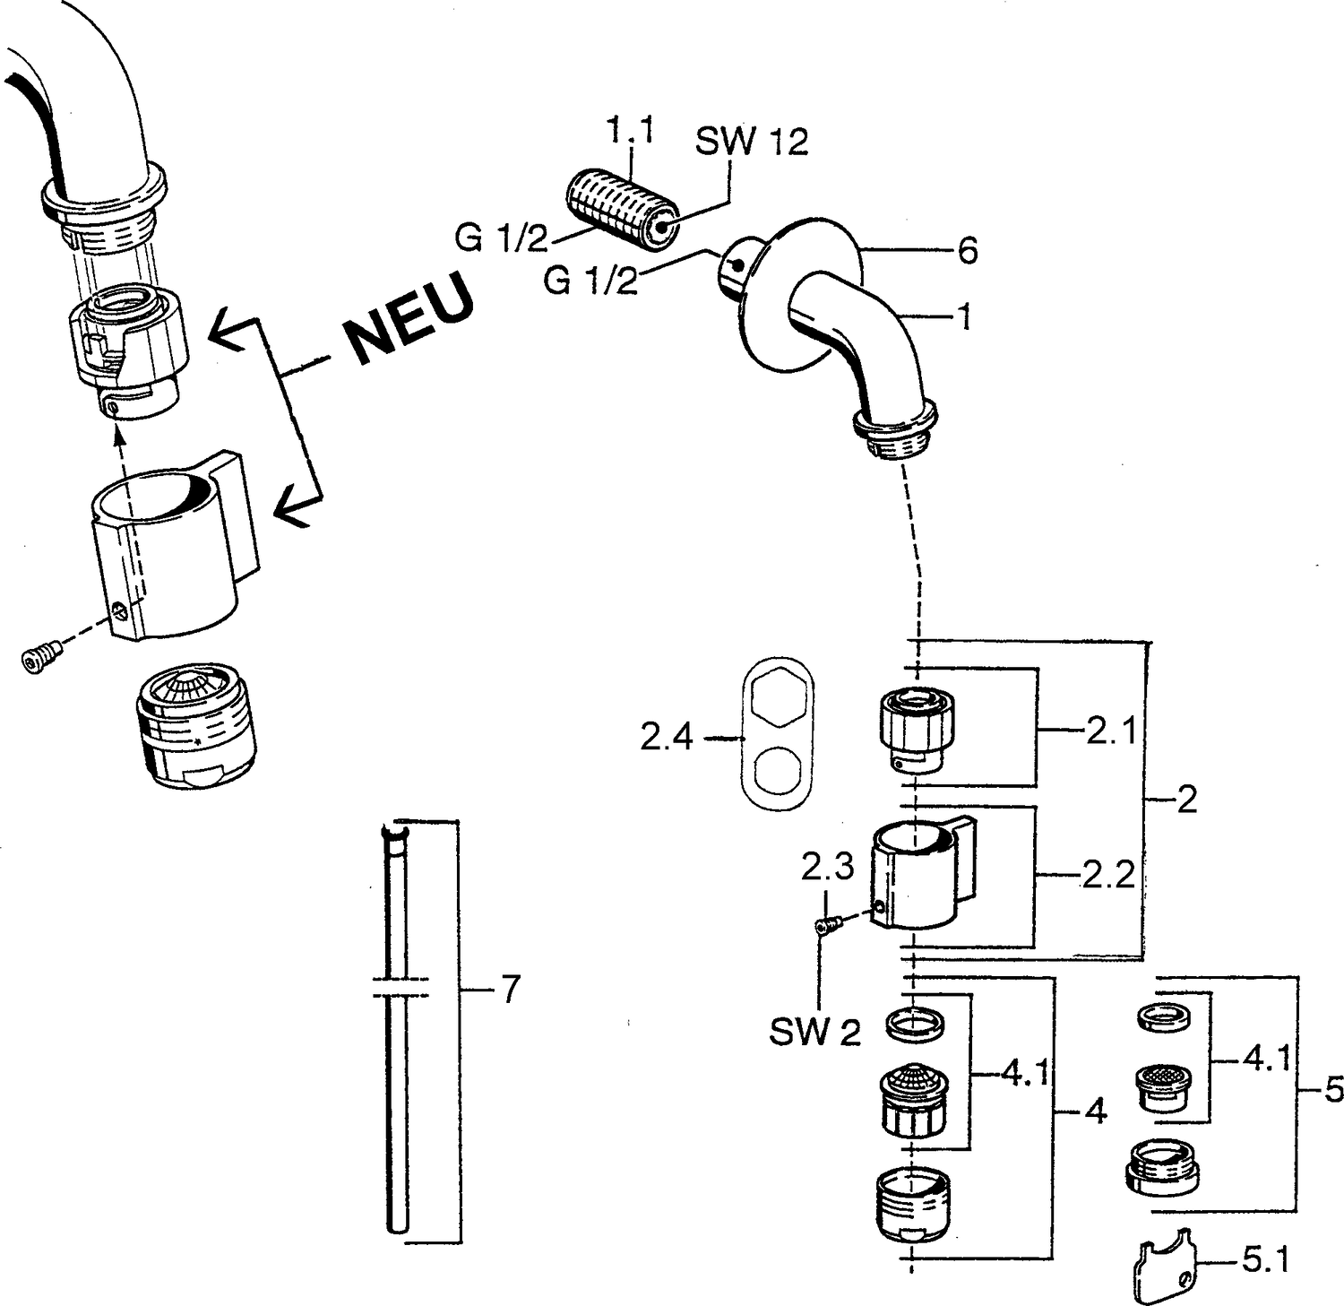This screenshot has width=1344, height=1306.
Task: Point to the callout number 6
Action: tap(967, 250)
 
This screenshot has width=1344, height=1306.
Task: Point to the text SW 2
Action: tap(814, 1033)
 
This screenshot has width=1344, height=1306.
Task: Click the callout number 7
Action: tap(509, 990)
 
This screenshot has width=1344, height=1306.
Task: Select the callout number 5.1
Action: tap(1266, 1262)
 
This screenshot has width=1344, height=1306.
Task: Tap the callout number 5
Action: tap(1334, 1090)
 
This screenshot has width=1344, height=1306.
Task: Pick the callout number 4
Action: tap(1096, 1112)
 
